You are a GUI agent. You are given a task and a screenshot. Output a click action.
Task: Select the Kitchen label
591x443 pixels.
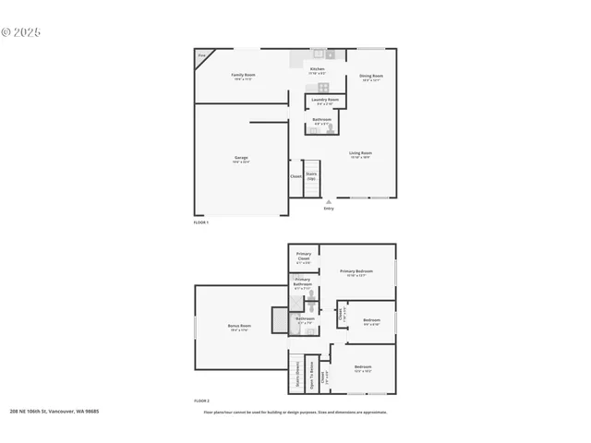pyautogui.click(x=317, y=69)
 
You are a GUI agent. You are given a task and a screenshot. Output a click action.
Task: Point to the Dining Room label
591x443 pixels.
pyautogui.click(x=371, y=76)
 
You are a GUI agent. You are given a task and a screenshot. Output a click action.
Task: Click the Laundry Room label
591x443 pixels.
pyautogui.click(x=325, y=100)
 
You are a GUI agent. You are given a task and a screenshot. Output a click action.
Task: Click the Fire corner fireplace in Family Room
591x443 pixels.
pyautogui.click(x=201, y=55)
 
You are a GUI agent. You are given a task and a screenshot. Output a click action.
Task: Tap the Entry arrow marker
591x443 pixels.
pyautogui.click(x=329, y=202)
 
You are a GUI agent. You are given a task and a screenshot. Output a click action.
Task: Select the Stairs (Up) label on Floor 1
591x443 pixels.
pyautogui.click(x=311, y=175)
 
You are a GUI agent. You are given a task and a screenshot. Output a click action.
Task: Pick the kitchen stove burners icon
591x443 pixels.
pyautogui.click(x=318, y=54)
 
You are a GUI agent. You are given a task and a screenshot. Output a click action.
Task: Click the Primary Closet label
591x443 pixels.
pyautogui.click(x=303, y=257)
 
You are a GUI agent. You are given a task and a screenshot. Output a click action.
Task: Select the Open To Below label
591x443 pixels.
pyautogui.click(x=313, y=372)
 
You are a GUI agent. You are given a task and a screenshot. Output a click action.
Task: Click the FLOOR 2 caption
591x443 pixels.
pyautogui.click(x=201, y=401)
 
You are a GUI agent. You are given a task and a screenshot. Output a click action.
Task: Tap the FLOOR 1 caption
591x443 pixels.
pyautogui.click(x=201, y=222)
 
